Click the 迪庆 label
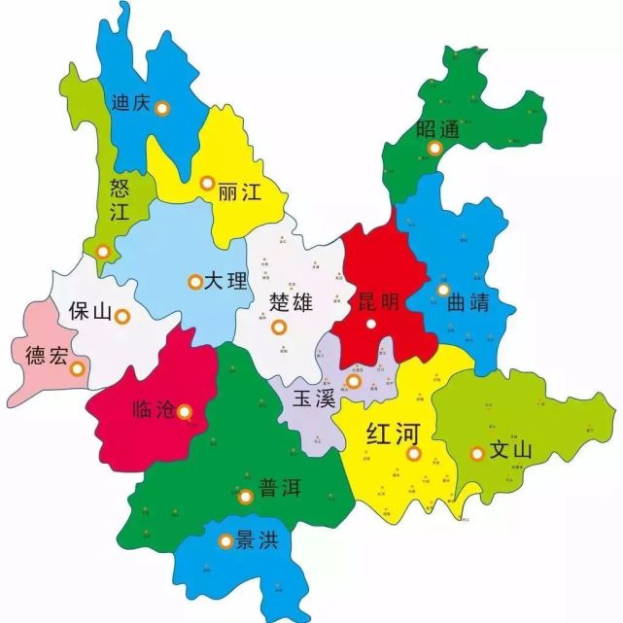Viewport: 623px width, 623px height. (130, 102)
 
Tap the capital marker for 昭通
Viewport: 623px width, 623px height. (435, 149)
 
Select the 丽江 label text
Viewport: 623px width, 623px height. (241, 191)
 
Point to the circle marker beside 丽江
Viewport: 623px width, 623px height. (207, 183)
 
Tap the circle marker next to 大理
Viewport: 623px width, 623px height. (194, 282)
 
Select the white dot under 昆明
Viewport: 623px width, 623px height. (370, 324)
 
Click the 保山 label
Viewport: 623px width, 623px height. (88, 312)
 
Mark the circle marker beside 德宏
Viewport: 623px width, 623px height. (78, 367)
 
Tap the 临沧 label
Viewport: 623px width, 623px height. (152, 410)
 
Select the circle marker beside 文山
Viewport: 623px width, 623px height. (477, 453)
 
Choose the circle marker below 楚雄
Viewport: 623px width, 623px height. (280, 327)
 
